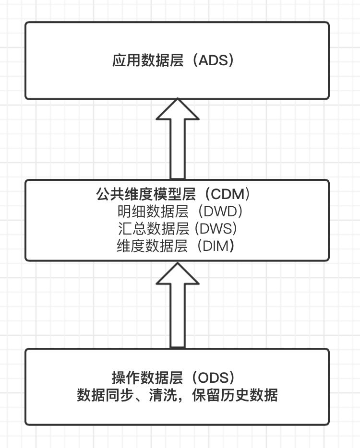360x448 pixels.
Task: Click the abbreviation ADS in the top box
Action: [216, 61]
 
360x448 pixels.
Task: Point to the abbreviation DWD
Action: [221, 211]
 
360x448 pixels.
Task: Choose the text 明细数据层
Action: [153, 211]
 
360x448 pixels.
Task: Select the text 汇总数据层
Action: [153, 228]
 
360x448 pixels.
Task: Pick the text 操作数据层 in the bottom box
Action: [147, 378]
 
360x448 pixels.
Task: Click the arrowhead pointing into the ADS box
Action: [178, 111]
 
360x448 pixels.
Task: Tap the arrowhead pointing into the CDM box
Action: [178, 274]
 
